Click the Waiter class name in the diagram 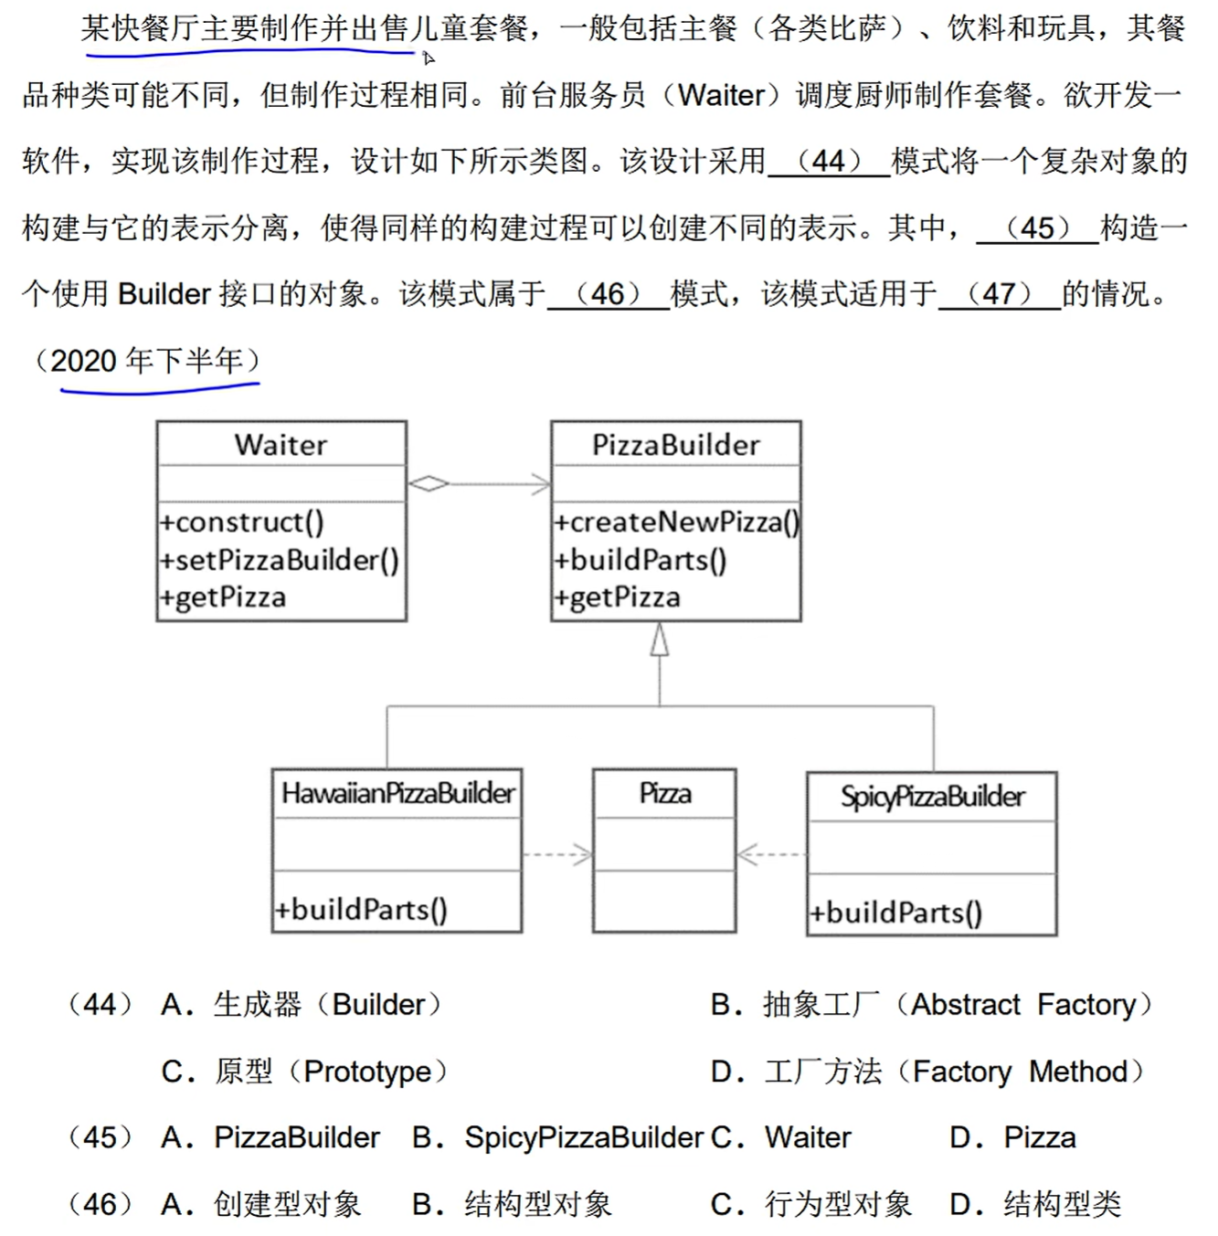pyautogui.click(x=281, y=445)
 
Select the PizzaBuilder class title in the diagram pyautogui.click(x=675, y=445)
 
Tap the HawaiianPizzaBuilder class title pyautogui.click(x=397, y=793)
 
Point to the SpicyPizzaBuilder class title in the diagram pyautogui.click(x=932, y=797)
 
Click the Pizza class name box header pyautogui.click(x=664, y=793)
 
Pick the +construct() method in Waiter pyautogui.click(x=241, y=522)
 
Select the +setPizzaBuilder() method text pyautogui.click(x=279, y=559)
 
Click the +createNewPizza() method pyautogui.click(x=676, y=522)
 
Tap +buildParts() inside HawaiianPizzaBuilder pyautogui.click(x=361, y=909)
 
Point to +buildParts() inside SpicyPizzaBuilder pyautogui.click(x=895, y=913)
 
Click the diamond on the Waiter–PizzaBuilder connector pyautogui.click(x=428, y=483)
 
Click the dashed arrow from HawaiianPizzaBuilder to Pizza pyautogui.click(x=557, y=855)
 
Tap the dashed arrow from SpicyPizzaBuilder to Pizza pyautogui.click(x=771, y=855)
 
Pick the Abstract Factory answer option pyautogui.click(x=932, y=1005)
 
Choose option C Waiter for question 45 pyautogui.click(x=781, y=1138)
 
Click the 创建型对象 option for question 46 pyautogui.click(x=261, y=1205)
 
